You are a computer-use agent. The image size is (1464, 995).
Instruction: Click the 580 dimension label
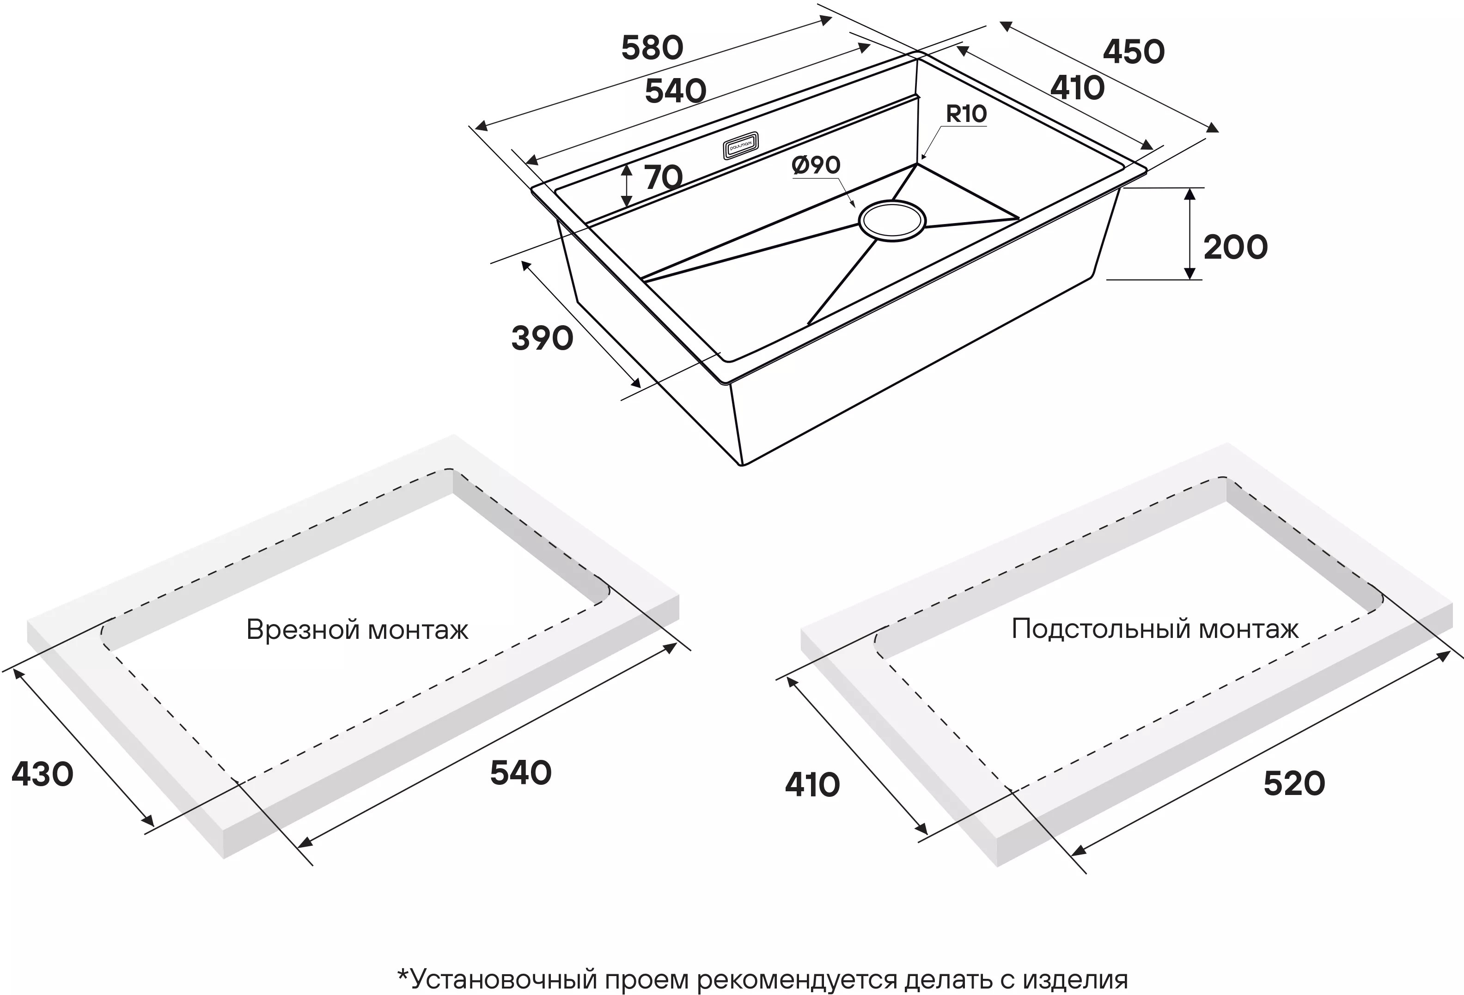652,49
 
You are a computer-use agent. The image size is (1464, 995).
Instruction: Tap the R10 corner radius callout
966,114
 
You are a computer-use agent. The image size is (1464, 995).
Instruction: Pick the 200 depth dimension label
1235,248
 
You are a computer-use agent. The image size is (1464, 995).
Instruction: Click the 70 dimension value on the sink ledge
663,178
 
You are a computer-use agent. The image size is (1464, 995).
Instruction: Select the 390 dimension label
542,339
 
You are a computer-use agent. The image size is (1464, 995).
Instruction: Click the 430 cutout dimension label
42,774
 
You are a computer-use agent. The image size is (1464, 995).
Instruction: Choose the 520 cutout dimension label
1294,784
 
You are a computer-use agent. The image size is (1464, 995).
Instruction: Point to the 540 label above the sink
675,92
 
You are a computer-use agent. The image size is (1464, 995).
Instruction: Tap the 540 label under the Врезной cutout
520,773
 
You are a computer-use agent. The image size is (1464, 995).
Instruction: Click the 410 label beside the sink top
1077,89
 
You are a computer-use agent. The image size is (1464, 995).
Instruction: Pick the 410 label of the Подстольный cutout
812,785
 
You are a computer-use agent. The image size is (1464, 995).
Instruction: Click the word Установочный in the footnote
498,980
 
